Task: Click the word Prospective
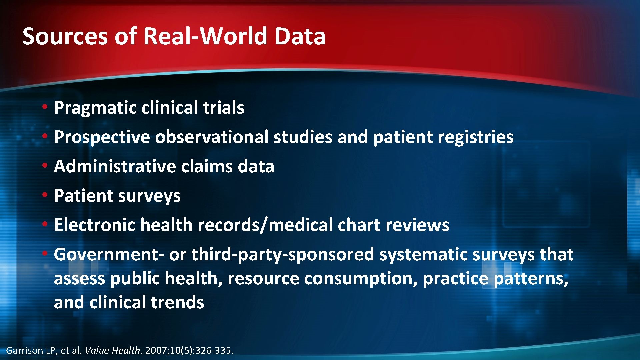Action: [102, 137]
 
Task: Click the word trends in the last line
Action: [177, 303]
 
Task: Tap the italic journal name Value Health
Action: [112, 350]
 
